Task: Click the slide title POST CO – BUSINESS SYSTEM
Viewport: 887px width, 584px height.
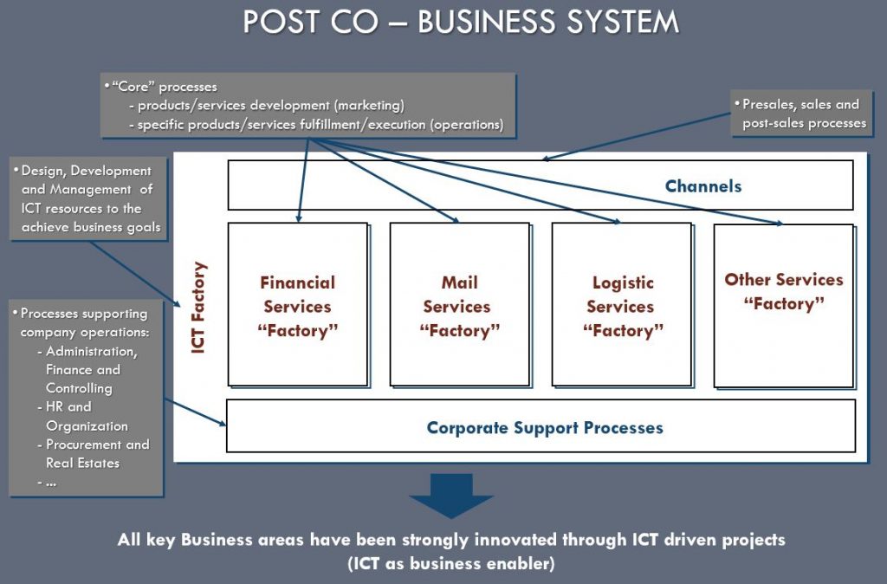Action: (x=461, y=23)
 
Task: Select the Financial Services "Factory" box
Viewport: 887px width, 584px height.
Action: (x=298, y=305)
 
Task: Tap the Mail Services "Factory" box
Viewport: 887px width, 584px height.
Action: (x=458, y=305)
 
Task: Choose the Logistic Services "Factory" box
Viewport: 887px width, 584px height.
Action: (x=621, y=305)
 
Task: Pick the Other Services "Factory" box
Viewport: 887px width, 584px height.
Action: (x=783, y=292)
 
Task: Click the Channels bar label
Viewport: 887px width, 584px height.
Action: (x=703, y=185)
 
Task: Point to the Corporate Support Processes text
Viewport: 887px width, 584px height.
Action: (x=545, y=427)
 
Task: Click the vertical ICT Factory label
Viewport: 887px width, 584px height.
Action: (x=199, y=308)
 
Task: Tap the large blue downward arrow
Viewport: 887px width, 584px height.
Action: (x=450, y=495)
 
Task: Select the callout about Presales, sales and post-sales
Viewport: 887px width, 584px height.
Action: (x=803, y=114)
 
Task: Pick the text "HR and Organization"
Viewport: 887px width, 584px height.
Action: (x=87, y=416)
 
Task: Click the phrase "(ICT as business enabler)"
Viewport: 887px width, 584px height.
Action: (x=450, y=563)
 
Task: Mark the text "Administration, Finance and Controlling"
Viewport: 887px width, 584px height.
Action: (x=90, y=370)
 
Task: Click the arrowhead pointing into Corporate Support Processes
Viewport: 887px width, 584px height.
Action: (x=223, y=424)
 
